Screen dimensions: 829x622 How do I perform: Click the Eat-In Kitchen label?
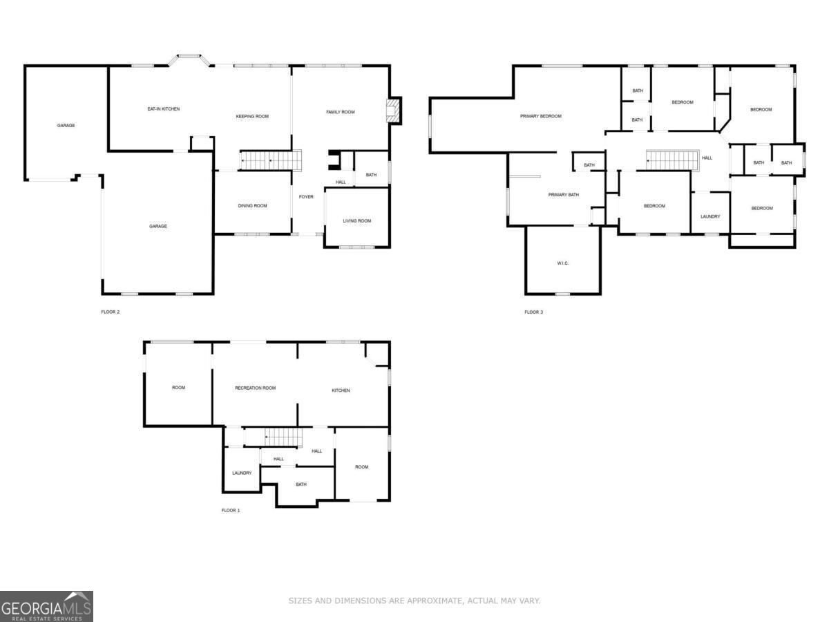tap(164, 109)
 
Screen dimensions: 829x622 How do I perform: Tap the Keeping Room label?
tap(252, 116)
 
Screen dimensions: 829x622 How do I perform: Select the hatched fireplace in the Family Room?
tap(394, 111)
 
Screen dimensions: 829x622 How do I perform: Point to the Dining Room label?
tap(252, 205)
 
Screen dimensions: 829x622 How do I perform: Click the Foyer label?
tap(306, 197)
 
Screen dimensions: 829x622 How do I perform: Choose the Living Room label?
tap(357, 220)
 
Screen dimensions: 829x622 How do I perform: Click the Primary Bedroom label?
tap(541, 116)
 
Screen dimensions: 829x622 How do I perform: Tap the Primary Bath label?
tap(564, 194)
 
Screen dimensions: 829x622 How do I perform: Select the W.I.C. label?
tap(563, 263)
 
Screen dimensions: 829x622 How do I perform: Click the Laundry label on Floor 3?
tap(710, 216)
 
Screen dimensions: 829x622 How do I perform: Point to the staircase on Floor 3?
tap(673, 160)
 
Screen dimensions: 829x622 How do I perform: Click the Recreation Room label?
tap(256, 388)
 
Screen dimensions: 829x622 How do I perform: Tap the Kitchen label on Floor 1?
tap(341, 390)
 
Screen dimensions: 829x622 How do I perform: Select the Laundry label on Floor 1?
tap(242, 473)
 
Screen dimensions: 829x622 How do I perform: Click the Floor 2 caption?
tap(111, 312)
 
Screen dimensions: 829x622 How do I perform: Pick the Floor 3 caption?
tap(533, 312)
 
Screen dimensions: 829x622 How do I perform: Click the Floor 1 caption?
tap(230, 510)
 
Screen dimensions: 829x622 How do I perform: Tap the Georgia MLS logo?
tap(46, 607)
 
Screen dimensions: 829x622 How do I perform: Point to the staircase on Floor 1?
tap(283, 437)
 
